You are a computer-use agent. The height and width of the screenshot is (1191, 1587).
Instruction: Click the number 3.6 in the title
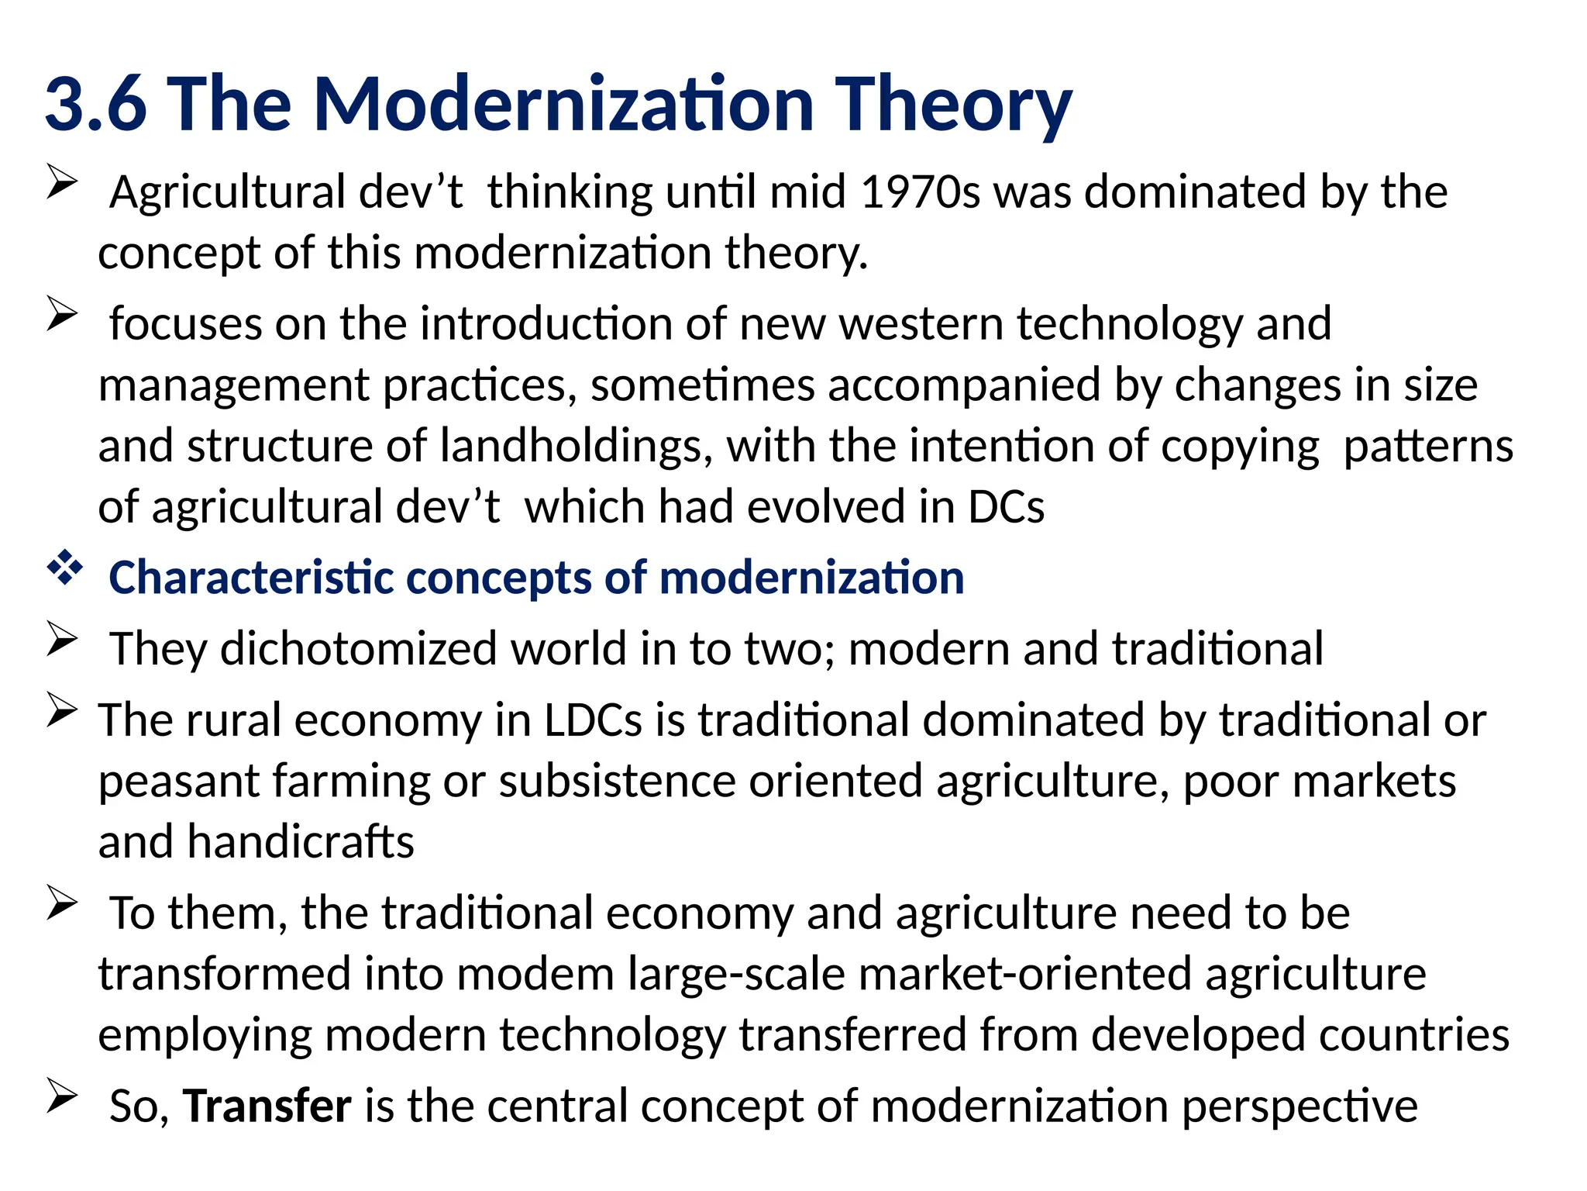pyautogui.click(x=95, y=105)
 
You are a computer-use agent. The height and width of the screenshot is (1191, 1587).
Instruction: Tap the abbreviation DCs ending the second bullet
pyautogui.click(x=1005, y=507)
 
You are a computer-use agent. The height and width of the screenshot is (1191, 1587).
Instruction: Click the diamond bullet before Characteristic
pyautogui.click(x=64, y=568)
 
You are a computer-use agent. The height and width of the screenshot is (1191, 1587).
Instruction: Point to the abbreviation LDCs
pyautogui.click(x=593, y=720)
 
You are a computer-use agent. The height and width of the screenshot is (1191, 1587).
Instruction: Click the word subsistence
pyautogui.click(x=617, y=781)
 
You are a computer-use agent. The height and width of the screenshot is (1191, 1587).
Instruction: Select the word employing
pyautogui.click(x=204, y=1035)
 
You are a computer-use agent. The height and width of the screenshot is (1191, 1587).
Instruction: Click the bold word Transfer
pyautogui.click(x=267, y=1106)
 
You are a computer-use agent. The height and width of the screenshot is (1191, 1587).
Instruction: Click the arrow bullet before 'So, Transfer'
pyautogui.click(x=62, y=1096)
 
